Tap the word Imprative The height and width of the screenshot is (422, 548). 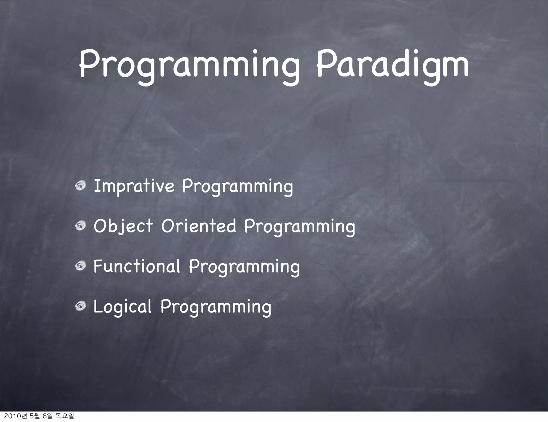coord(134,186)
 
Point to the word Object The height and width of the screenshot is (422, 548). coord(123,227)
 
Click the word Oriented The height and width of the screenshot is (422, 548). coord(199,226)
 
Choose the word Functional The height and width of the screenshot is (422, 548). coord(136,266)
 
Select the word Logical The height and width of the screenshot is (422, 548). coord(122,307)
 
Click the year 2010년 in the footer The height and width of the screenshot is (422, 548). coord(14,416)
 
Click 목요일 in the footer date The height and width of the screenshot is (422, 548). coord(64,416)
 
